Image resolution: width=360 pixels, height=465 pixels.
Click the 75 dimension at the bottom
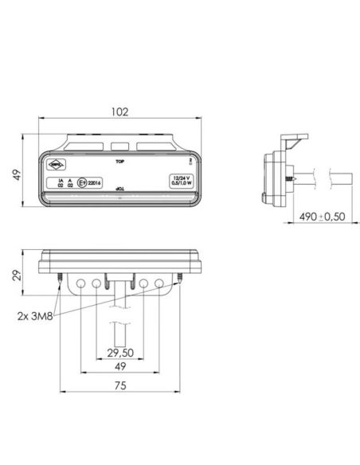coord(118,389)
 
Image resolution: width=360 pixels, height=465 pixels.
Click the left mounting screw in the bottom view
coord(61,276)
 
